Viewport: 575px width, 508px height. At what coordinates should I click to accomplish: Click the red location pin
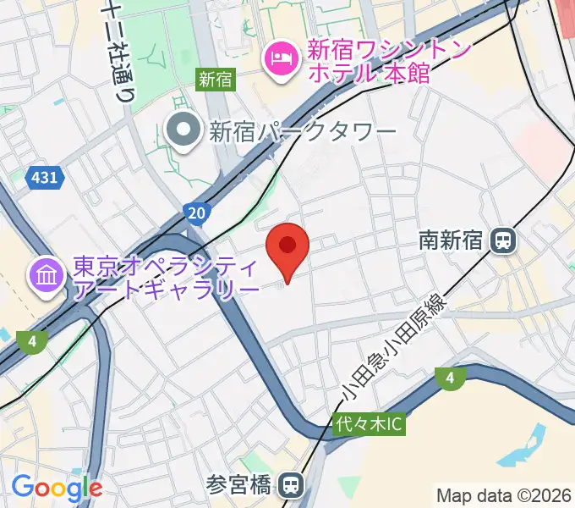287,247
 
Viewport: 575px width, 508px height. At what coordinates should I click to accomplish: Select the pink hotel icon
279,58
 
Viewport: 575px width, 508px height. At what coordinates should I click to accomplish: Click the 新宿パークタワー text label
303,131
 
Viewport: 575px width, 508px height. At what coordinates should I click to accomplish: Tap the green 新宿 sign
215,80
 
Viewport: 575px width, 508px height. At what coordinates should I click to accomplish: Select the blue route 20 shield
196,211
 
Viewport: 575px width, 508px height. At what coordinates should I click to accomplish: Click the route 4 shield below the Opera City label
30,341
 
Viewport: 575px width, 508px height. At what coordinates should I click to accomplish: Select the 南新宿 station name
451,240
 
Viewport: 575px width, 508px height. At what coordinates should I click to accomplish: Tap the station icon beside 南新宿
503,240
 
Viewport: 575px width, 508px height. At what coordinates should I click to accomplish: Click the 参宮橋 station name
239,485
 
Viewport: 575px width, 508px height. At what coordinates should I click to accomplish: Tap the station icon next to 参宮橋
292,485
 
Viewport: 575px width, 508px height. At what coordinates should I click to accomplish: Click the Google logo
57,488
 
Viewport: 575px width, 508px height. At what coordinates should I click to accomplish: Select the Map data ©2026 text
502,495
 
